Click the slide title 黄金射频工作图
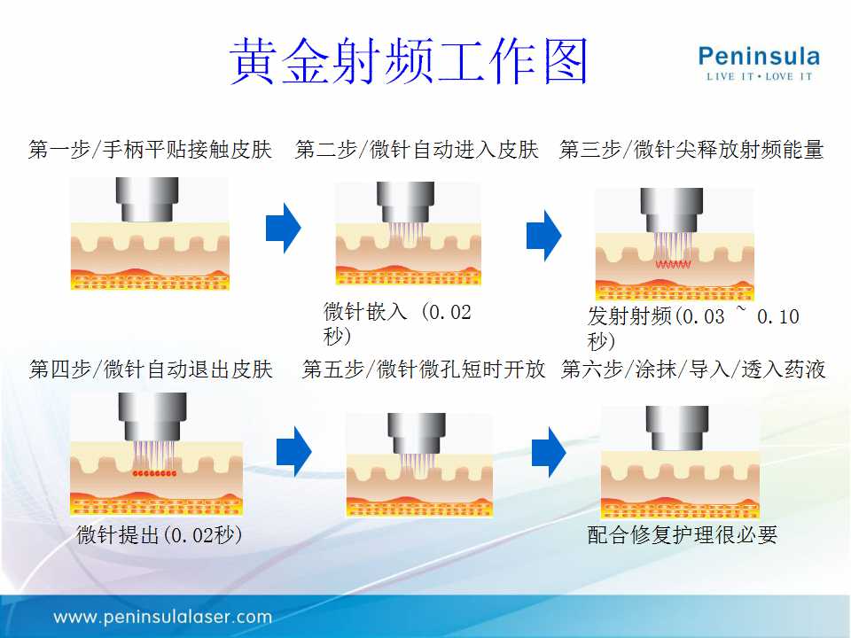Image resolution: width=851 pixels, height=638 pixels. click(410, 61)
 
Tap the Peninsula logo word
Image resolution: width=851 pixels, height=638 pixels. click(759, 57)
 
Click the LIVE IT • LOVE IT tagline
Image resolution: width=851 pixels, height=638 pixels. click(759, 76)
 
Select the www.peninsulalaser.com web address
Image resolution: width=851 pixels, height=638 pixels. click(163, 617)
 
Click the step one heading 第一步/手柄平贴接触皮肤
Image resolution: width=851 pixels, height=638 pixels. click(150, 149)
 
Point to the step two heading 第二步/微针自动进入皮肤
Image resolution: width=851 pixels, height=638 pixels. click(417, 149)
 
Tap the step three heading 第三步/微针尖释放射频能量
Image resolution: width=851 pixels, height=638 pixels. click(691, 149)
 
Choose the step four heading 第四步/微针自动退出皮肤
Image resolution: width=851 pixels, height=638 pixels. click(151, 370)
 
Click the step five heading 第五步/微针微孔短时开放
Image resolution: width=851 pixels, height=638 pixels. click(424, 370)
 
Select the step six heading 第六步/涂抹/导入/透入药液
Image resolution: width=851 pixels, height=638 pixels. click(693, 370)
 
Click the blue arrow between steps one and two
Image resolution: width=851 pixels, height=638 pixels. click(284, 229)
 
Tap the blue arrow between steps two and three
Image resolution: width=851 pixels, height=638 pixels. click(543, 236)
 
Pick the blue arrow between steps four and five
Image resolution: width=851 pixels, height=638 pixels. click(294, 451)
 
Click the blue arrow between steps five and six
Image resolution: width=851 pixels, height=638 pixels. click(549, 452)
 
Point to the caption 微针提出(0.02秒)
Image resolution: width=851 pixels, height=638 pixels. click(160, 535)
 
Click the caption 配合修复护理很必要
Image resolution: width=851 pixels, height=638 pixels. click(683, 535)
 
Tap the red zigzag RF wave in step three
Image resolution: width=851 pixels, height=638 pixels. click(673, 264)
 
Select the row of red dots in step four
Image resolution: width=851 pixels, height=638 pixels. click(154, 473)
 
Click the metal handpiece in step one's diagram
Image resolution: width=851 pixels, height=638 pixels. click(147, 199)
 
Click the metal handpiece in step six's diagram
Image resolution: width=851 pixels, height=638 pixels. click(676, 428)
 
